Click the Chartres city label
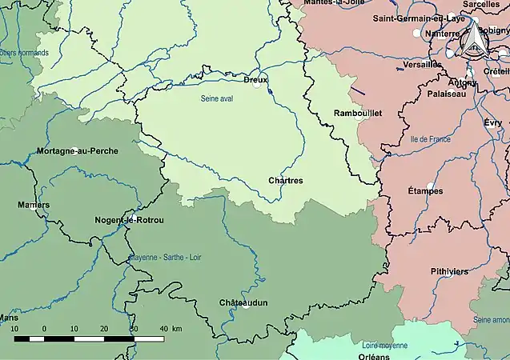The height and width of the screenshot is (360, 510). click(286, 181)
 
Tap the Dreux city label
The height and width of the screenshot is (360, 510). click(255, 79)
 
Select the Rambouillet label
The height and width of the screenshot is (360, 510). click(357, 114)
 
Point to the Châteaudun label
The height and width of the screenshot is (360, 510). click(243, 302)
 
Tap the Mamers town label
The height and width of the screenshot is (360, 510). click(33, 205)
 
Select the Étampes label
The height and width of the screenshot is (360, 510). click(425, 191)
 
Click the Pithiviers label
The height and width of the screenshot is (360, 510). click(448, 272)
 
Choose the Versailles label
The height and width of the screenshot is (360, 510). click(423, 64)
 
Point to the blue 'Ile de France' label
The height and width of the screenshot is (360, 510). click(430, 139)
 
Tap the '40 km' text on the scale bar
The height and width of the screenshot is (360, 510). click(171, 329)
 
